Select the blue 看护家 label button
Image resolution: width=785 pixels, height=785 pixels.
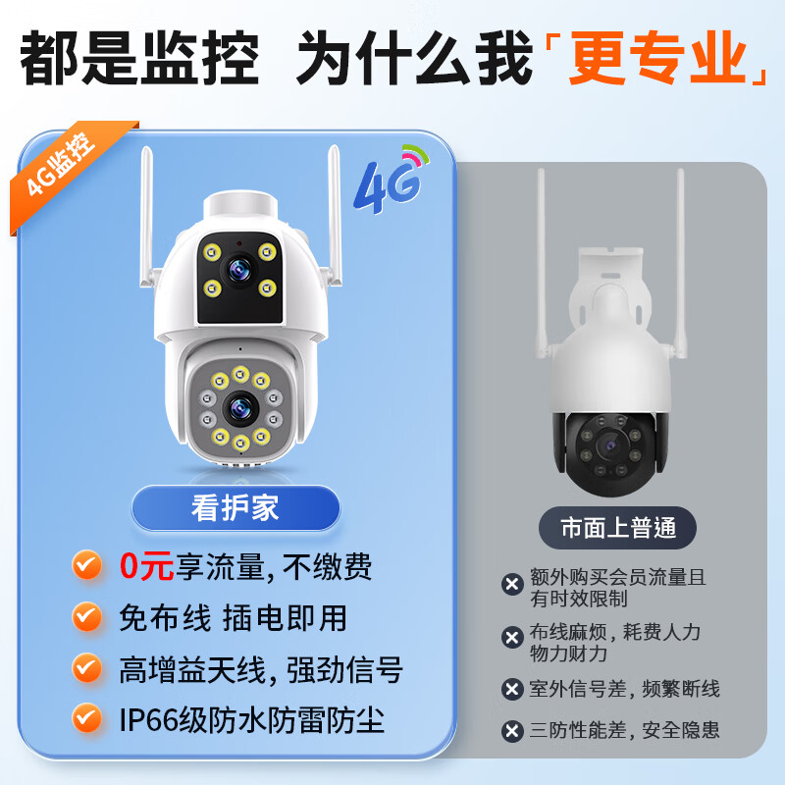[x=235, y=508]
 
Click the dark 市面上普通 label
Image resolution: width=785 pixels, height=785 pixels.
[x=618, y=528]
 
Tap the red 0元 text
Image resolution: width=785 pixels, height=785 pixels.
[x=146, y=565]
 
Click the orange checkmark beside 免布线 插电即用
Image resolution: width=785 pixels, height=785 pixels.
[x=88, y=618]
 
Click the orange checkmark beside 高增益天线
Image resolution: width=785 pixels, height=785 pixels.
[x=88, y=670]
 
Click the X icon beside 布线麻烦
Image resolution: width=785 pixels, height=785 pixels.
[x=511, y=639]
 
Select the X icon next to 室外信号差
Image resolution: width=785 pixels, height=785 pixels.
[x=511, y=690]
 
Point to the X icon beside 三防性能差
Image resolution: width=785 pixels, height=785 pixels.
[x=511, y=731]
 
